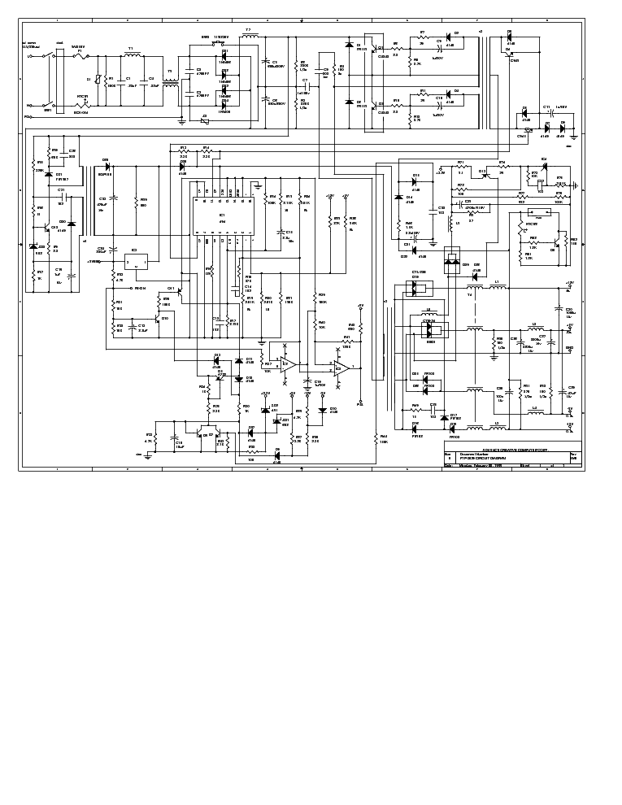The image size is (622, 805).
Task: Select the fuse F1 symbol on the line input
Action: point(80,56)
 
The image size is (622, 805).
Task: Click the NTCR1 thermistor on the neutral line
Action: point(82,105)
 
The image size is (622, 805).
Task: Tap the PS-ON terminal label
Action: point(139,288)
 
